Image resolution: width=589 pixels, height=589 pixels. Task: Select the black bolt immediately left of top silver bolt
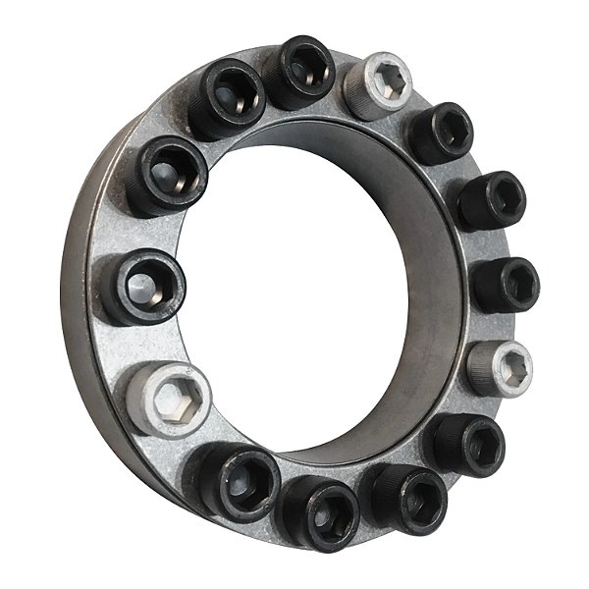[x=299, y=71]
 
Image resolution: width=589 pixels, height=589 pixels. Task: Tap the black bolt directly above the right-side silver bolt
[x=505, y=285]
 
